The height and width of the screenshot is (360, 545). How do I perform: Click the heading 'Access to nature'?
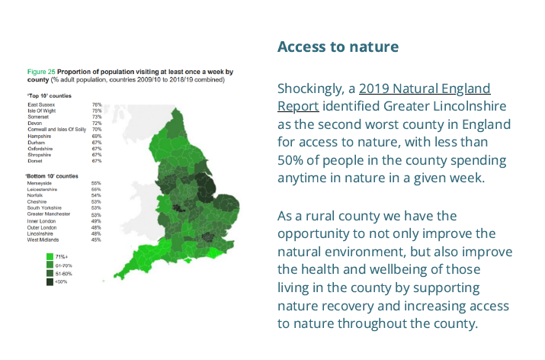(x=338, y=47)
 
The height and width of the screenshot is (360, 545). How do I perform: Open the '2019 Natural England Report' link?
(x=424, y=88)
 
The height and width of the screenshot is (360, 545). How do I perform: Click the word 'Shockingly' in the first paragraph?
(x=313, y=88)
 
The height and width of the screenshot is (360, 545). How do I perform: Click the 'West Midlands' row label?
(x=43, y=240)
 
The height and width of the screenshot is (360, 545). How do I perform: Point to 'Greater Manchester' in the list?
(x=50, y=215)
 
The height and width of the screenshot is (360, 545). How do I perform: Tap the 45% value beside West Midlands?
(x=96, y=240)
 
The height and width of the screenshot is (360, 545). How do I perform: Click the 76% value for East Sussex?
(x=97, y=104)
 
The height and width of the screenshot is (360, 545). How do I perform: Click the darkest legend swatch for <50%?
(x=50, y=281)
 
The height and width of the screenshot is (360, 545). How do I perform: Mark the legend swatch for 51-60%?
(x=50, y=273)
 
